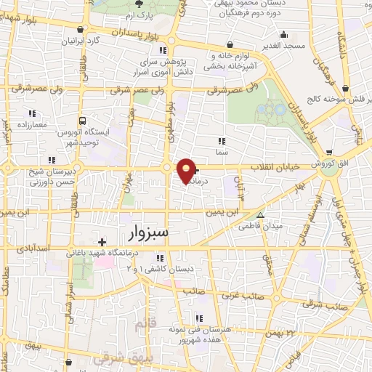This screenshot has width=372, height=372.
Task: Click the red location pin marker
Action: [187, 170]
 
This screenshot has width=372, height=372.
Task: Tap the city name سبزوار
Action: [142, 233]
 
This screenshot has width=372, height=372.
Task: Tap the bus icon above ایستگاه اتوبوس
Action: [83, 121]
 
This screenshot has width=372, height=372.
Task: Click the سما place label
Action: [222, 153]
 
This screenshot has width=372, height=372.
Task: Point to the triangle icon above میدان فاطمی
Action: [261, 215]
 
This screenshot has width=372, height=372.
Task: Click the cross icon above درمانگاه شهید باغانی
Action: [102, 241]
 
